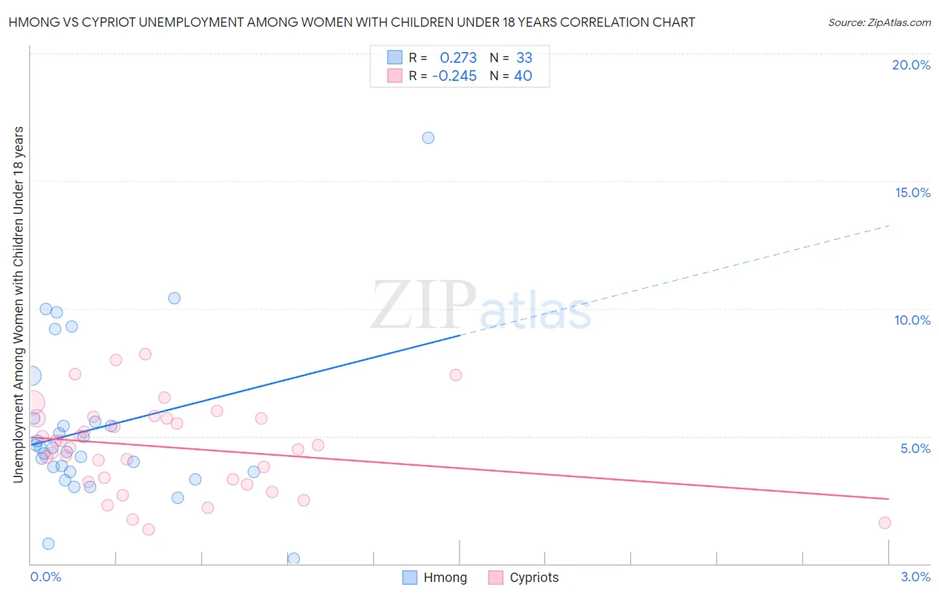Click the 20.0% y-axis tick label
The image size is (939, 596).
(911, 65)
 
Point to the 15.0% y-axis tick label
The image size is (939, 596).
(912, 192)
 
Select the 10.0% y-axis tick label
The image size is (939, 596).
(912, 320)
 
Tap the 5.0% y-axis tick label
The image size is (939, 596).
(915, 448)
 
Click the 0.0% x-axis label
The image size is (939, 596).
(45, 577)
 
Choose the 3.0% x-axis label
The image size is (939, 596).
(915, 577)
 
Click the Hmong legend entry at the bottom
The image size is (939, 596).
(435, 577)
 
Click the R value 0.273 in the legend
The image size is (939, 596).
(458, 57)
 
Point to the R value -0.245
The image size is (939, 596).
(454, 76)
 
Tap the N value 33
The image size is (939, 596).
(524, 57)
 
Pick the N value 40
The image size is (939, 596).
(523, 76)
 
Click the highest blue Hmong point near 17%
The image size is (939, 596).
(428, 138)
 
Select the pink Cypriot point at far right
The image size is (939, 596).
(885, 523)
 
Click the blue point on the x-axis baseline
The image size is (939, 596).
(293, 559)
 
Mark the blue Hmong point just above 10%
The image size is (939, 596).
(174, 298)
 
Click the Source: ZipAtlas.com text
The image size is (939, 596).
(879, 22)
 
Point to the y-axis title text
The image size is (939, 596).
(18, 304)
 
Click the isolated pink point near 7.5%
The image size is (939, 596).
(455, 375)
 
